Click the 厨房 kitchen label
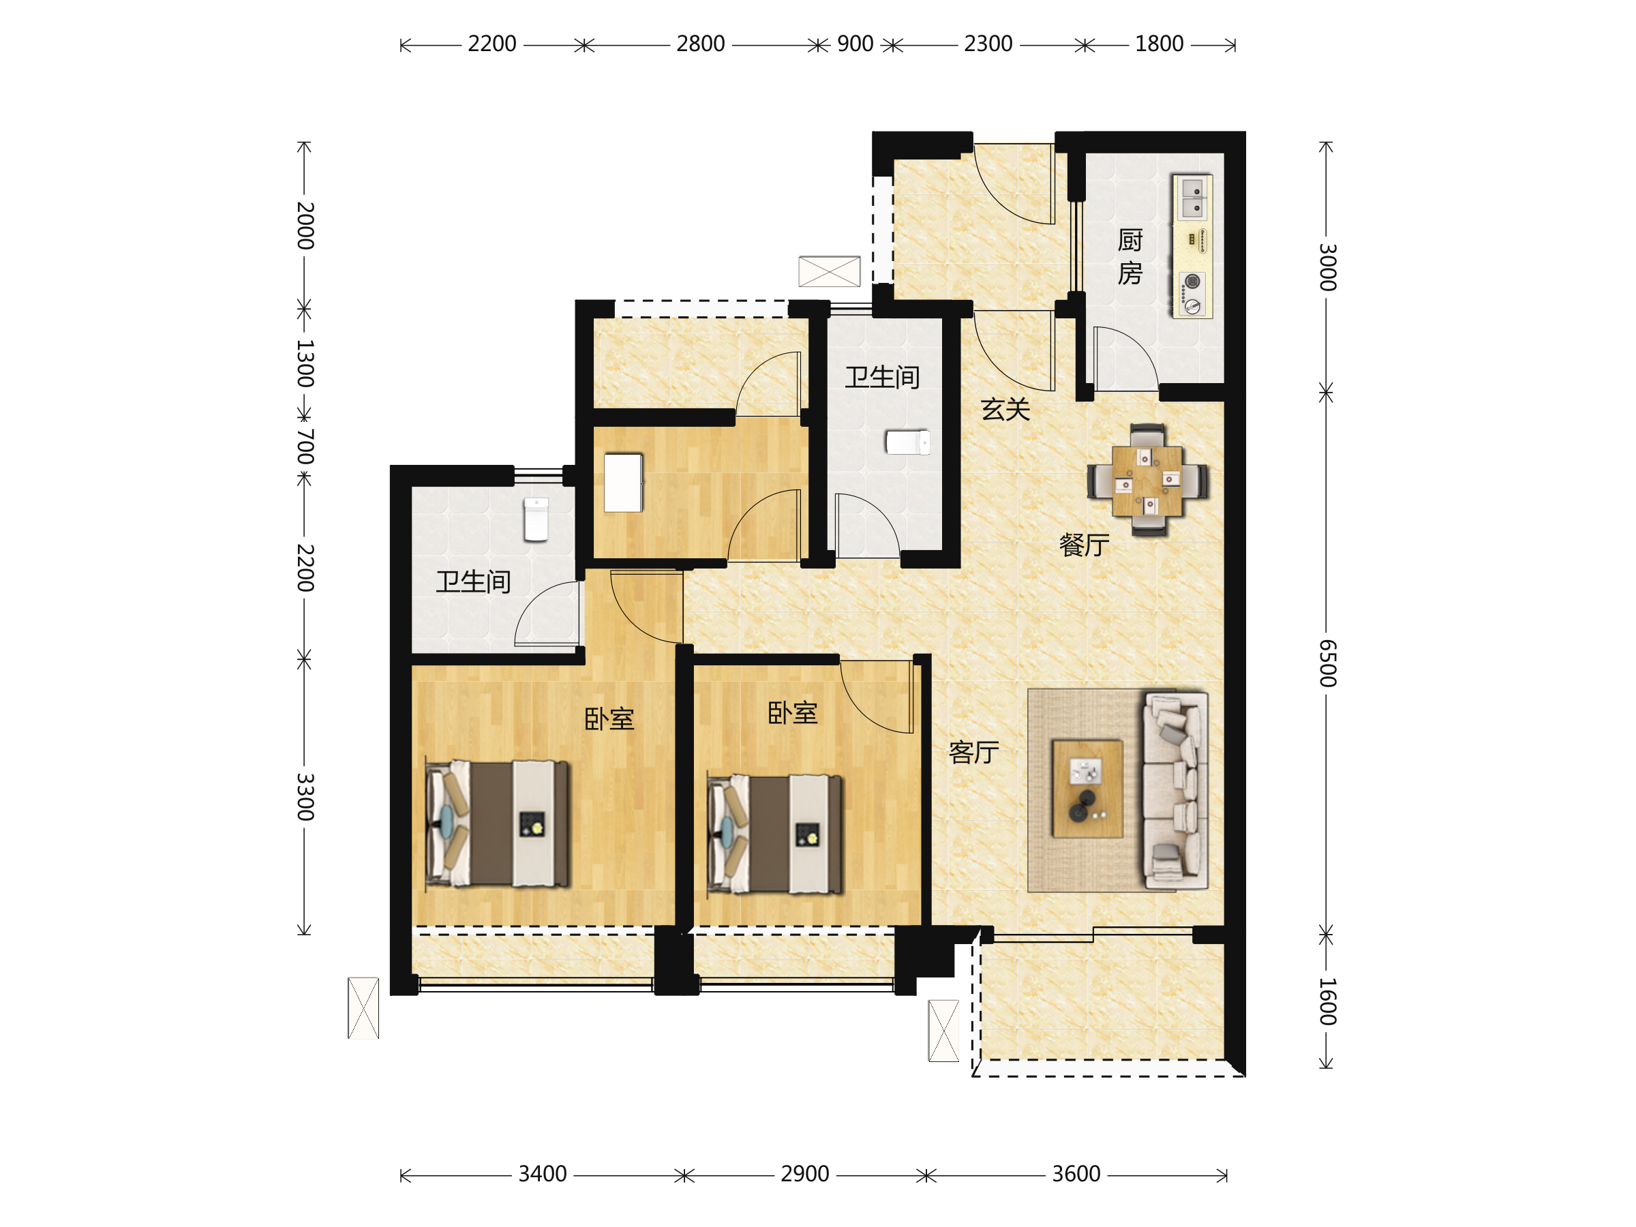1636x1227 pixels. point(1130,256)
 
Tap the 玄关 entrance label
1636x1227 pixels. point(1005,409)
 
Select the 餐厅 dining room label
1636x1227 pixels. point(1085,545)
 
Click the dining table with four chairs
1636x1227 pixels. point(1147,480)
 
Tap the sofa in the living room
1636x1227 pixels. point(1175,790)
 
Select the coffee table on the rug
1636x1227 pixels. point(1087,789)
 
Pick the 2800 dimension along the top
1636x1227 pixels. point(700,44)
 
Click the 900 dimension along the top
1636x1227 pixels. point(855,44)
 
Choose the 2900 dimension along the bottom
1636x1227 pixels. point(804,1174)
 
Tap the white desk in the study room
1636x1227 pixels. point(623,483)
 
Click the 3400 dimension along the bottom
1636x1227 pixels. point(542,1174)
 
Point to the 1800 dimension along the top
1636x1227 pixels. point(1159,44)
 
